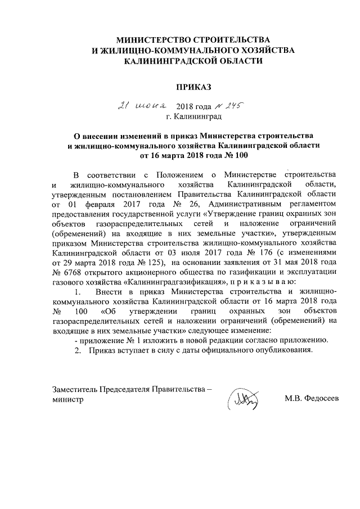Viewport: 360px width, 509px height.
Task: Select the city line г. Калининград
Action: coord(194,117)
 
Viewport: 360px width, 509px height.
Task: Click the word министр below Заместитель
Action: coord(68,400)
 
